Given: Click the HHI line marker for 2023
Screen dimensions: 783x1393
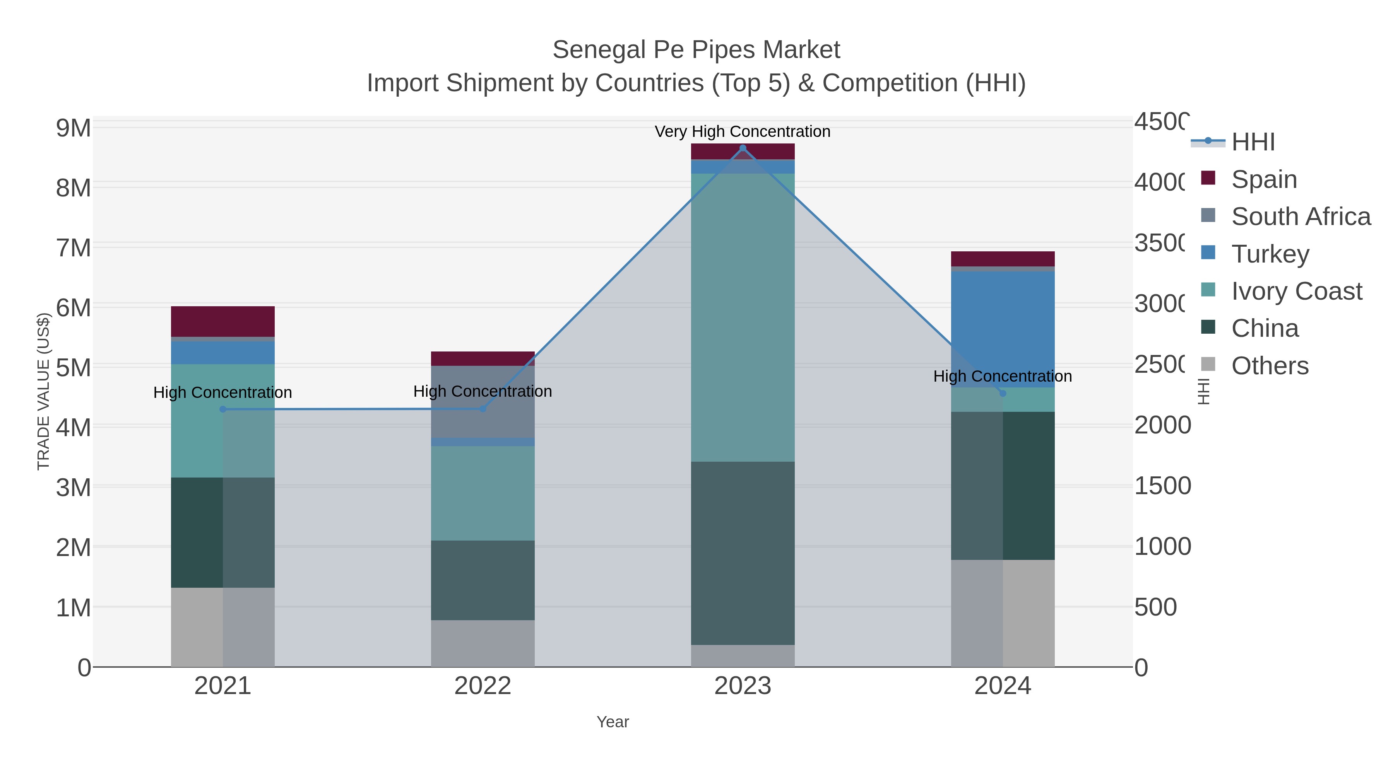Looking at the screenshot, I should (743, 148).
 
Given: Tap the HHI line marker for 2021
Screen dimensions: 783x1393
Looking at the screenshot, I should (223, 409).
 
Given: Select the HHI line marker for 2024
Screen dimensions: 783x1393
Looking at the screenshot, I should (1003, 393).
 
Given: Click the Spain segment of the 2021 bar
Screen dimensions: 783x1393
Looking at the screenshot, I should (223, 322).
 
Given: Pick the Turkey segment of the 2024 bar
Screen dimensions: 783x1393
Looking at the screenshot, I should (1003, 329).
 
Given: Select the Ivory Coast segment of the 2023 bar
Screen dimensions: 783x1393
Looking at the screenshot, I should (743, 317).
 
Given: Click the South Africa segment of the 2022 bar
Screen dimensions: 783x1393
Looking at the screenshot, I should (483, 401).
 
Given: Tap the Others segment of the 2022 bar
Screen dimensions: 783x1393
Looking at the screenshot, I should (483, 643).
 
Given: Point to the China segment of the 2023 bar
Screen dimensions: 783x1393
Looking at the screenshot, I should (743, 553).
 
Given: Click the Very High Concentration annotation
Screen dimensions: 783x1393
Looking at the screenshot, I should (743, 131).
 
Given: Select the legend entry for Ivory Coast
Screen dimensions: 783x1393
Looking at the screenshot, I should (1296, 291).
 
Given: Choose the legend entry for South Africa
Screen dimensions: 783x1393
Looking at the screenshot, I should (1301, 217).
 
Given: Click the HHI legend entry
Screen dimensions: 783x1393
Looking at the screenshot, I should (1253, 142).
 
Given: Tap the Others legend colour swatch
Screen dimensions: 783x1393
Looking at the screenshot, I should (1208, 365).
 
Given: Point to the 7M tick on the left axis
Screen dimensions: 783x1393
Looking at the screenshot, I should (74, 248).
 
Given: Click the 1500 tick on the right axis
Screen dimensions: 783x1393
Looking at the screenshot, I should (1162, 486).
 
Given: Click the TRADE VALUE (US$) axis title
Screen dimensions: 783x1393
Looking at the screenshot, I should (43, 391).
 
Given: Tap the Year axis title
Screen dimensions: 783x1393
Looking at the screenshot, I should (612, 722).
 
